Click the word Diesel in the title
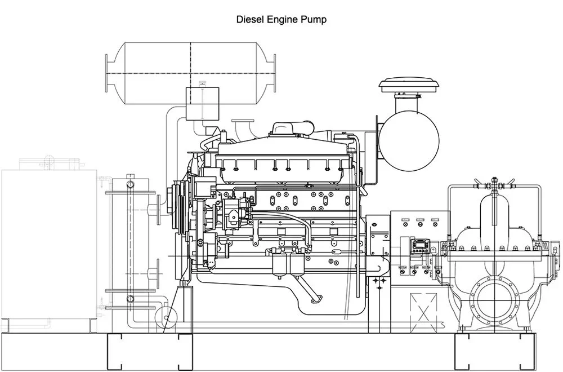click(248, 19)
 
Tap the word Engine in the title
click(282, 19)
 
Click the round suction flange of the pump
click(494, 297)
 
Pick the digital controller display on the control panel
click(419, 247)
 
